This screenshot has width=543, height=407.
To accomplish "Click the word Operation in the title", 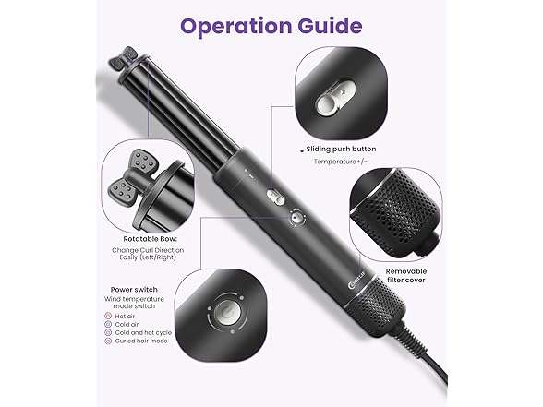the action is click(x=236, y=27).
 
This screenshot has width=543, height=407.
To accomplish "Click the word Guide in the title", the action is click(x=330, y=27).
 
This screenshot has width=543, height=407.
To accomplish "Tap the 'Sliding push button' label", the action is click(x=341, y=150).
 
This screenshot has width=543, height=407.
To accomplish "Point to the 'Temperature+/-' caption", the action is click(x=340, y=162).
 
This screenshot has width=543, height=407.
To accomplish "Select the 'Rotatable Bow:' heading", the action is click(x=151, y=239).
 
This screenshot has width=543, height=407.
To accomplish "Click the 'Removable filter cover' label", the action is click(x=406, y=275).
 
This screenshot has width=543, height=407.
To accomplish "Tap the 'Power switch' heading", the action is click(x=134, y=290).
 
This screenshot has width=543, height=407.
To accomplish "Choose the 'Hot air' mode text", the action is click(x=125, y=316).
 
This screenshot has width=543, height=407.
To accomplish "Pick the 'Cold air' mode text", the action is click(x=127, y=324).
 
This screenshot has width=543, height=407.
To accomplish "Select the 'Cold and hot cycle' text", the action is click(x=143, y=332).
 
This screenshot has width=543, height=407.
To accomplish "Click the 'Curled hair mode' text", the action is click(x=141, y=341).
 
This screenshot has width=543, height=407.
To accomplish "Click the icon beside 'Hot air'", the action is click(x=108, y=316).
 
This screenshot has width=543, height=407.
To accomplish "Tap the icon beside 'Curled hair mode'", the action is click(x=108, y=341).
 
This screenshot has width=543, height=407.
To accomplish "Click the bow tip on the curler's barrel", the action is click(x=124, y=58).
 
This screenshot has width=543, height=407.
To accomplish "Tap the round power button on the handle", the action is click(x=296, y=218).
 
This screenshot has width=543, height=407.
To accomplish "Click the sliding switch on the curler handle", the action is click(x=276, y=198).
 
